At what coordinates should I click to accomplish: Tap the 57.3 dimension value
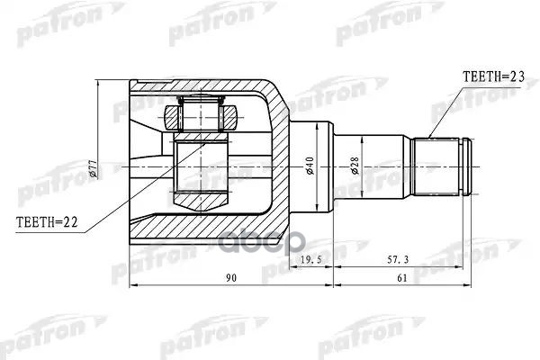[399, 260]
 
